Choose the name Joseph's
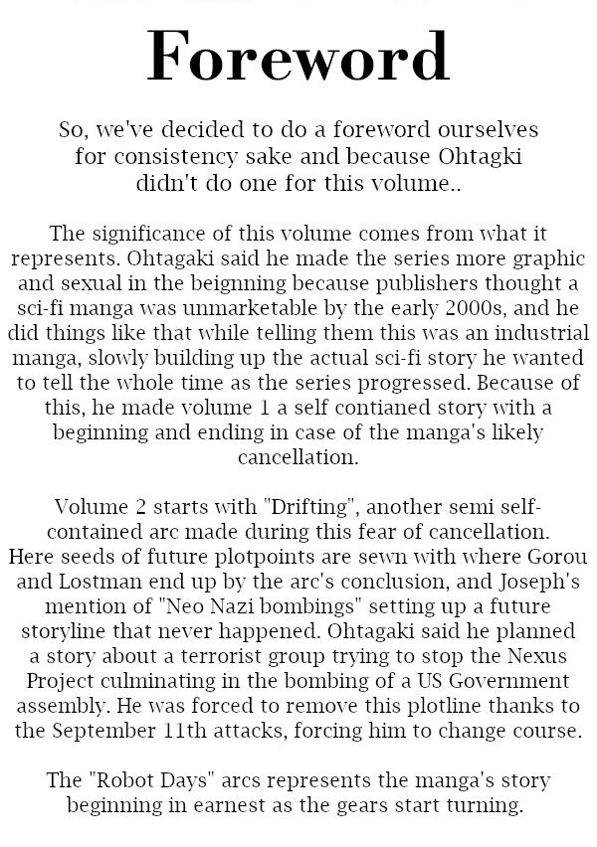point(539,580)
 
